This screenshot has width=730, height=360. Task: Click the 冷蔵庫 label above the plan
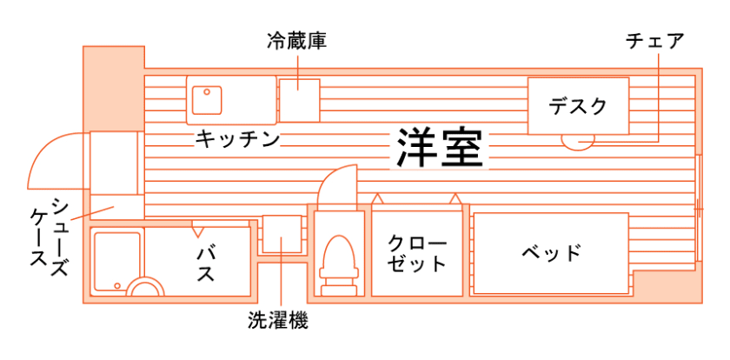[x=296, y=41]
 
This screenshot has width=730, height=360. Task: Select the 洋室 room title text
[x=440, y=148]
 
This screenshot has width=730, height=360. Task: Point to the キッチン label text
[x=236, y=138]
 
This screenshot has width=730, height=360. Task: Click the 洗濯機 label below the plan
[x=278, y=321]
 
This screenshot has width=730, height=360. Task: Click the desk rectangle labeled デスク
[x=577, y=106]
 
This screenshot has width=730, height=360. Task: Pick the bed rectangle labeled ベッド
[x=551, y=253]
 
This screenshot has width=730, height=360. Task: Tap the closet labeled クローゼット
[x=417, y=253]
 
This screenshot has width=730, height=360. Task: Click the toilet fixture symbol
[x=336, y=261]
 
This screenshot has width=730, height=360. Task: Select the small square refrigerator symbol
[x=298, y=99]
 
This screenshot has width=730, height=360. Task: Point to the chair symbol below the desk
[x=577, y=140]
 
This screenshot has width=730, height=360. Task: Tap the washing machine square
[x=282, y=232]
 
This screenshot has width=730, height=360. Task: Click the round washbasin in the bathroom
[x=144, y=288]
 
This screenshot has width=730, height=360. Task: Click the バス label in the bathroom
[x=207, y=262]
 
